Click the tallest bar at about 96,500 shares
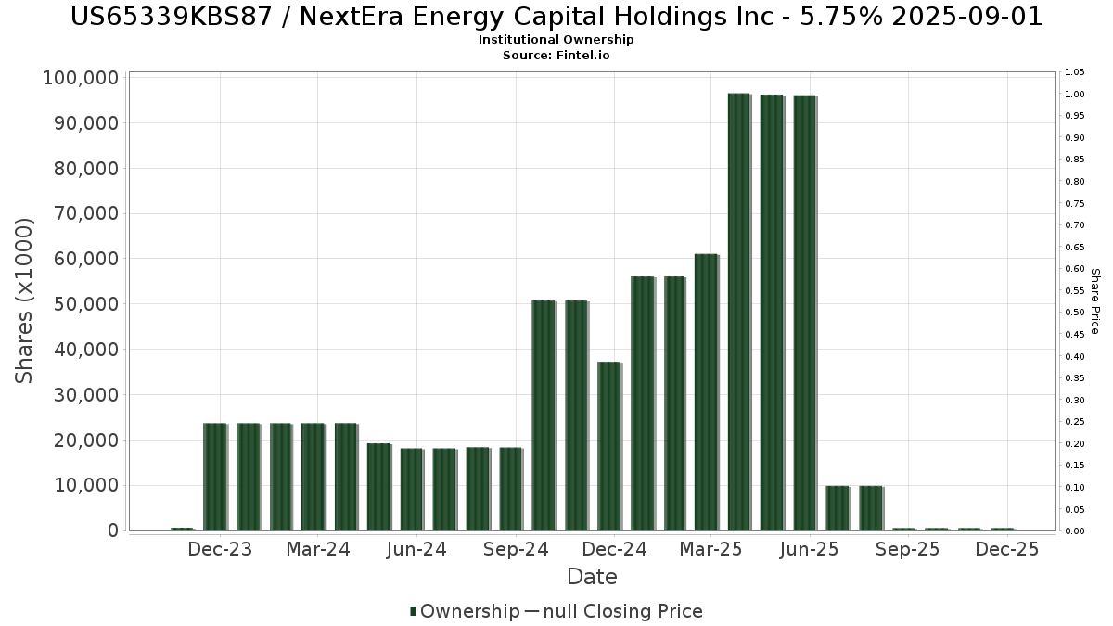739,312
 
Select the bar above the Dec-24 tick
608,446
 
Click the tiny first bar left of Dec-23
182,529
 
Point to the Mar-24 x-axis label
317,549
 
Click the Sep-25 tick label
908,549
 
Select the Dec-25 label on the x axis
1007,549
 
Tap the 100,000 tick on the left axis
81,78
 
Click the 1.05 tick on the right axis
1075,72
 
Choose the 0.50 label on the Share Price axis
1075,313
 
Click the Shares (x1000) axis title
25,300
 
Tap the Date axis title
592,577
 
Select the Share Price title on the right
1094,300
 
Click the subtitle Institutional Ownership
556,40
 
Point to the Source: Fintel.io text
556,55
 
